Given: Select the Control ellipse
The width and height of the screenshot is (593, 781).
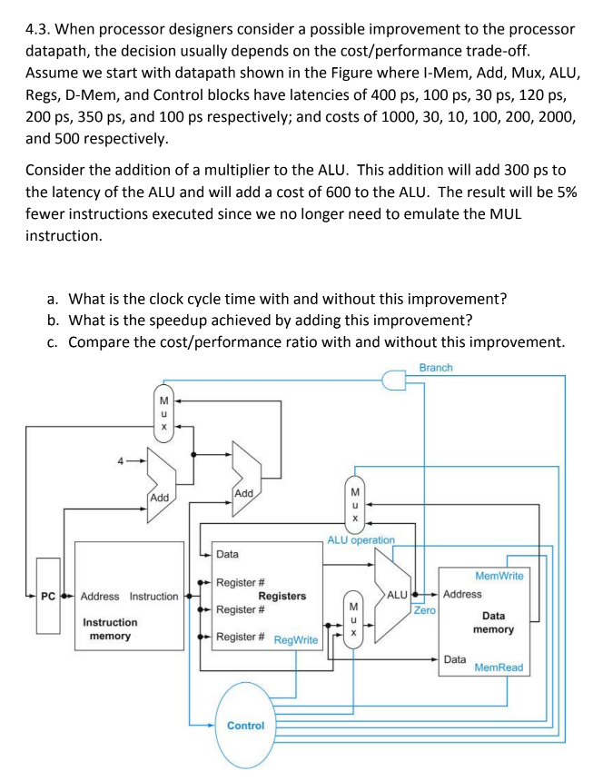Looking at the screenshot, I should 245,725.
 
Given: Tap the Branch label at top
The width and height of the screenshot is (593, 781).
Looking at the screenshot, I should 436,367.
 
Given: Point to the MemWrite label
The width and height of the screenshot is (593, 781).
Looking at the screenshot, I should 499,575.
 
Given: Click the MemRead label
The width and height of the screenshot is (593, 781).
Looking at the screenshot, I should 499,667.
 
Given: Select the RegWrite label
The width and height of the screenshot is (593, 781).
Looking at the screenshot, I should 295,640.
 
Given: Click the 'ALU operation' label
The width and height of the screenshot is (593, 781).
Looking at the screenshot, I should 361,539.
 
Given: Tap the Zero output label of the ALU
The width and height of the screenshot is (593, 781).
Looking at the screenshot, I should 424,610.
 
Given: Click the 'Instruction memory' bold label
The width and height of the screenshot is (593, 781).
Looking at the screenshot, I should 110,628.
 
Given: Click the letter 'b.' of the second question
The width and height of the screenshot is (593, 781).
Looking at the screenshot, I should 55,320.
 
